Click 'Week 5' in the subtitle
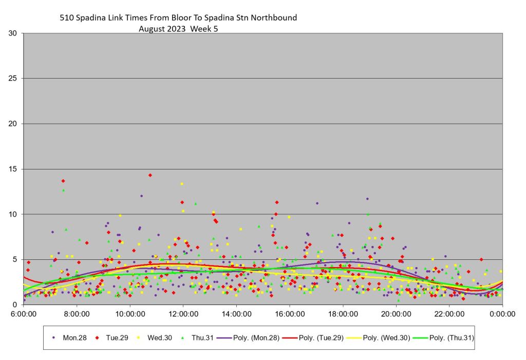(204, 29)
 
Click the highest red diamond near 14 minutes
(150, 175)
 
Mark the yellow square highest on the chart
(182, 184)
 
